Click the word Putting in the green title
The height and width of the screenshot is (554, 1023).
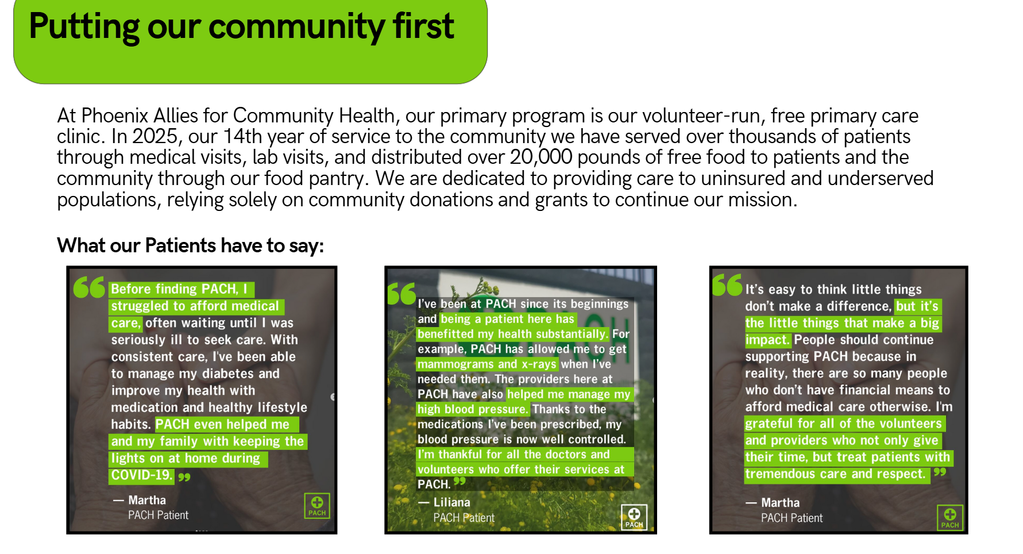click(x=84, y=27)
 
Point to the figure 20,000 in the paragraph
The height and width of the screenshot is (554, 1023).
click(x=541, y=157)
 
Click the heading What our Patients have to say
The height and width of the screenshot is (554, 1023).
click(x=191, y=246)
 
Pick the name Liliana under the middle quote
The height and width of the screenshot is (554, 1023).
click(x=451, y=502)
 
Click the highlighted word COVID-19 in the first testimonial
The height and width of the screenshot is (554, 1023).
click(x=141, y=475)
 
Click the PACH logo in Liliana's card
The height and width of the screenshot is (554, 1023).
click(x=634, y=517)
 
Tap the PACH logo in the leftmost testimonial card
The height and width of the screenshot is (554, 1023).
click(x=317, y=506)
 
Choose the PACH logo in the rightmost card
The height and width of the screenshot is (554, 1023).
click(x=950, y=517)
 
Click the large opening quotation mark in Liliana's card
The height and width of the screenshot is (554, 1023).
click(x=401, y=294)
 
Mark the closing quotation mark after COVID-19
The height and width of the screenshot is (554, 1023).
click(x=184, y=477)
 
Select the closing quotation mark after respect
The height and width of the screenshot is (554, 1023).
click(x=940, y=472)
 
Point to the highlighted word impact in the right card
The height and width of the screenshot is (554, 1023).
click(x=767, y=340)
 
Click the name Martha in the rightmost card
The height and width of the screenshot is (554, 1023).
click(x=780, y=503)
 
